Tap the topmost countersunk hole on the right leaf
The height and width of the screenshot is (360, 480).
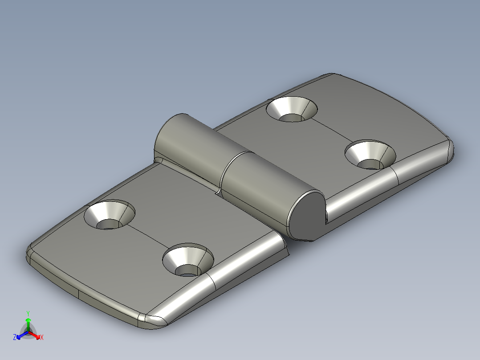[x=292, y=110]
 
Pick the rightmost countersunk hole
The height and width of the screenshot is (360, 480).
[x=370, y=155]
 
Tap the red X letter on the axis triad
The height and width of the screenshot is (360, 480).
[x=42, y=337]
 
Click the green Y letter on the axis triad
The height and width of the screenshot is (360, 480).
[x=28, y=313]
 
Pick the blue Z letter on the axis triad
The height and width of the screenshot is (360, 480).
[x=15, y=337]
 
